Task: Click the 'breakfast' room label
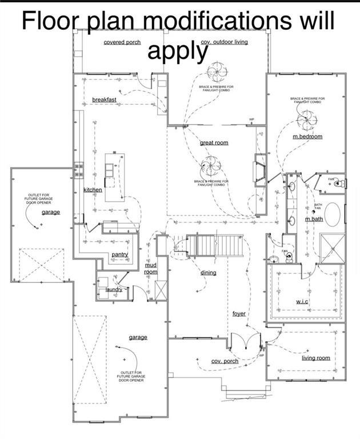pos(104,100)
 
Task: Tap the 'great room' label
pos(214,142)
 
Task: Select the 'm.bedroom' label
pos(307,137)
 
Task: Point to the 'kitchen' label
pos(93,190)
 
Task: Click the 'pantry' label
pos(119,254)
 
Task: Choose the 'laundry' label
pos(114,290)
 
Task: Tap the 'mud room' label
pos(150,269)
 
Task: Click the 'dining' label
pos(208,273)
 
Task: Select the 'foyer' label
pos(239,314)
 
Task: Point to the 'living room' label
pos(316,358)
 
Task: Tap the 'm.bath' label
pos(314,219)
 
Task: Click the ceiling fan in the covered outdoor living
pos(217,73)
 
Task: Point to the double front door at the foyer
pos(245,341)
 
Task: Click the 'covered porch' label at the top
pos(122,42)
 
